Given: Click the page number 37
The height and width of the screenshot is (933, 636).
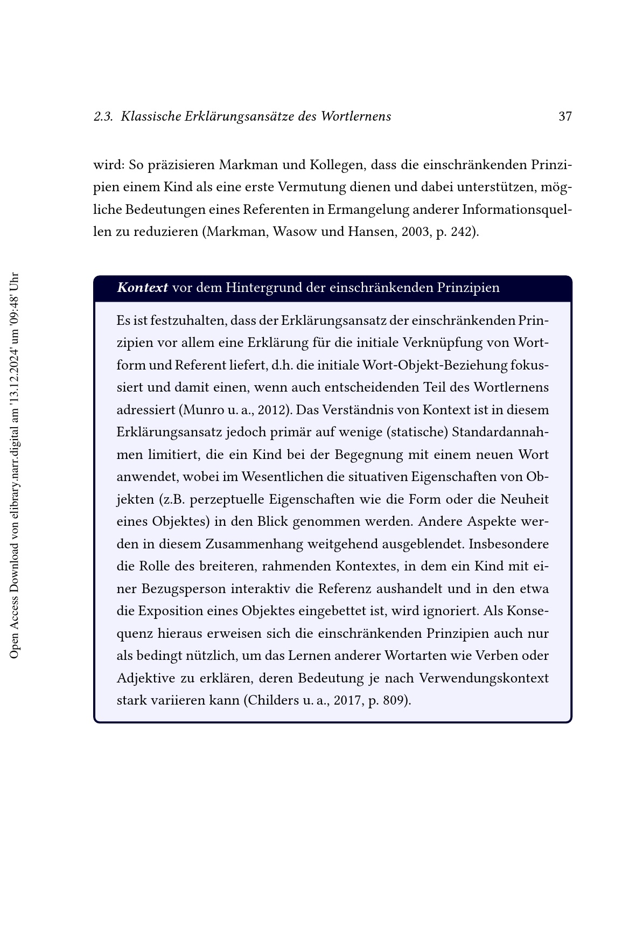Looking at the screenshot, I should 565,116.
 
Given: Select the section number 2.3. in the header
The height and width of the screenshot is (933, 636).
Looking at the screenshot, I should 103,116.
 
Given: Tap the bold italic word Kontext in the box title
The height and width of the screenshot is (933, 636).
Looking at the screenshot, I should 142,288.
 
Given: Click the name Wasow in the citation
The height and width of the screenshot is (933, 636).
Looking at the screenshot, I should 296,232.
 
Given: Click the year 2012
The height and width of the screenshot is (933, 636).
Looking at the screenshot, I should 272,410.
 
